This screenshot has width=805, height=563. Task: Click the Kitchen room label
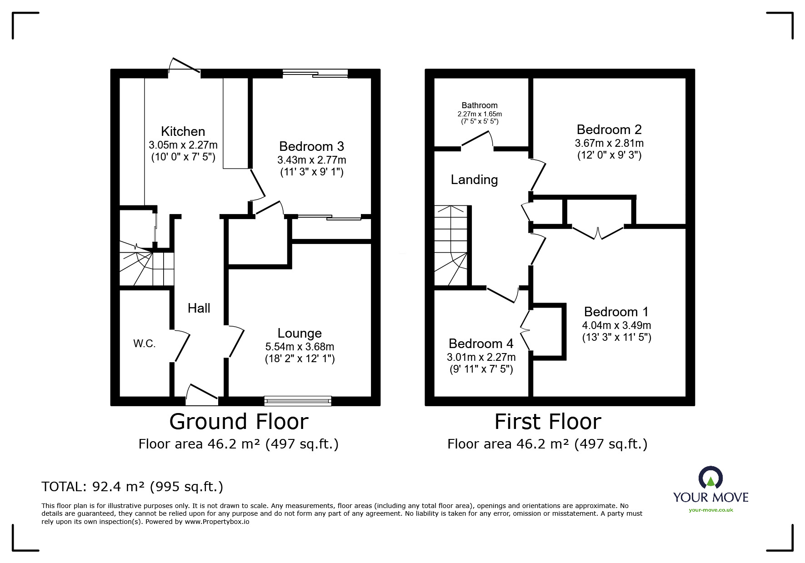(x=183, y=132)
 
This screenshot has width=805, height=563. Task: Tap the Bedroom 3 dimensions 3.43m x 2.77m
(x=311, y=160)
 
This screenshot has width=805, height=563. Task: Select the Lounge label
(x=300, y=334)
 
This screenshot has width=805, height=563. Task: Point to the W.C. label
(x=145, y=344)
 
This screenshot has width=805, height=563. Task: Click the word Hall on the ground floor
(x=199, y=309)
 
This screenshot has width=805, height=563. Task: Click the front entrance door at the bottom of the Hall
(x=202, y=394)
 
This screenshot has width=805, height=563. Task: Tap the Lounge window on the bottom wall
(x=298, y=401)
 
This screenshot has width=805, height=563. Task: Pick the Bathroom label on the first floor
(x=480, y=105)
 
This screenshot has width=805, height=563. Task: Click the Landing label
(x=474, y=180)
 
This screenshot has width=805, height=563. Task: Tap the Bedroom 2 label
(x=609, y=130)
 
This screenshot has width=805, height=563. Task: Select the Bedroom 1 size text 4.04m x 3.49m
(x=616, y=325)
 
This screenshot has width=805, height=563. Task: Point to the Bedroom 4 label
(x=481, y=344)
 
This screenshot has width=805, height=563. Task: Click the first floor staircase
(x=451, y=245)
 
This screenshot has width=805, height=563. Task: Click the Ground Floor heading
(x=239, y=422)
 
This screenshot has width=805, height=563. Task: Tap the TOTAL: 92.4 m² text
(x=132, y=487)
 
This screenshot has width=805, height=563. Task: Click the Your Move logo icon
(x=710, y=478)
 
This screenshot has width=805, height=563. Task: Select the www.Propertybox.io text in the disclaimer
(x=217, y=522)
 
